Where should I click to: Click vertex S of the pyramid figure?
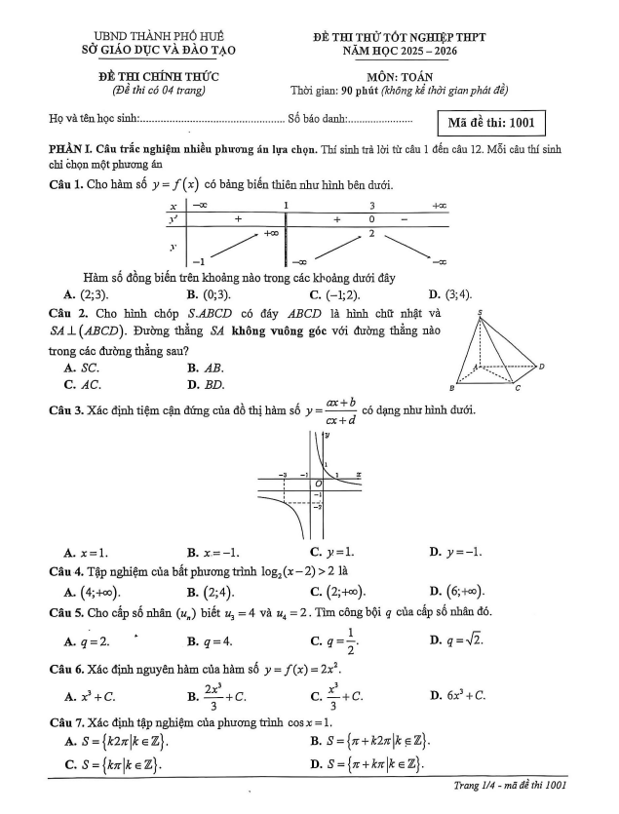click(x=480, y=314)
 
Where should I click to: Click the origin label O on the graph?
click(x=318, y=484)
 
